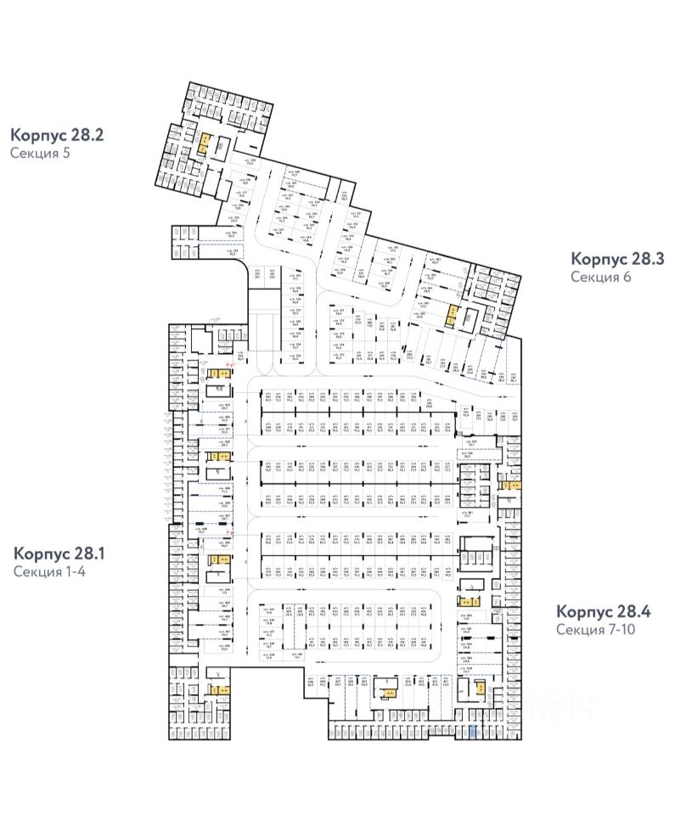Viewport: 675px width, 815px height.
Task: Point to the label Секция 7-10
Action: (597, 630)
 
